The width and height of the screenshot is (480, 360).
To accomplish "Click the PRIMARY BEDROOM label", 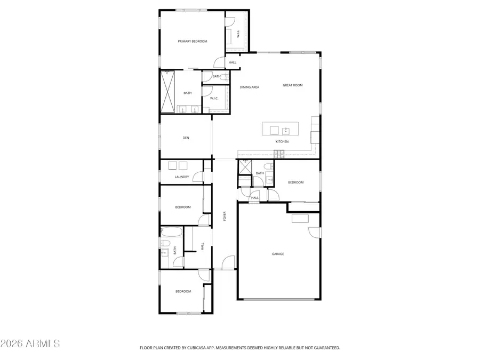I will click(x=193, y=41).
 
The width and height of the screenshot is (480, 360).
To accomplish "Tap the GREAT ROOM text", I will click(x=293, y=85).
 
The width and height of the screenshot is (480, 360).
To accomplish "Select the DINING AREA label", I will click(x=249, y=87).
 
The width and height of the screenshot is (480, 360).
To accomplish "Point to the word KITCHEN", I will click(x=282, y=142).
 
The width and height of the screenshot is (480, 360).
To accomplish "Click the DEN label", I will click(x=186, y=138).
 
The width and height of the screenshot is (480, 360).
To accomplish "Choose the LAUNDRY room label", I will click(x=182, y=177).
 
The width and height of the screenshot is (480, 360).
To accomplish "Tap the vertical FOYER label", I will click(x=225, y=216).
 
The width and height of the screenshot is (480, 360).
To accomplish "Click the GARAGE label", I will click(x=278, y=254).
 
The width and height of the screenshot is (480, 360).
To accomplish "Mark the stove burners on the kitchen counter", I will click(x=279, y=154).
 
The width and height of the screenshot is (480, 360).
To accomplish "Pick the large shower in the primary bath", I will click(x=168, y=92).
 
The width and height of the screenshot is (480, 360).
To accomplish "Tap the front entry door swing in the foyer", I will click(x=228, y=262).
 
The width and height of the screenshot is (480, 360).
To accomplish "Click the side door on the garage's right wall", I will click(x=315, y=233).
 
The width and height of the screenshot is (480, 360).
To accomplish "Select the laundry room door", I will click(x=198, y=178).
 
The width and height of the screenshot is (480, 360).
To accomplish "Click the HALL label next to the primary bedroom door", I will click(x=233, y=62).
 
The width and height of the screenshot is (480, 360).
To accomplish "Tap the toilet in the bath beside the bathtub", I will click(x=166, y=244).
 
